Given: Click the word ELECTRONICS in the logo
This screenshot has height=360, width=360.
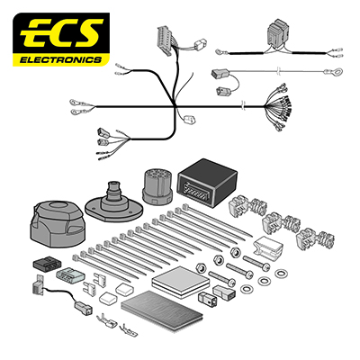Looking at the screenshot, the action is (60, 59).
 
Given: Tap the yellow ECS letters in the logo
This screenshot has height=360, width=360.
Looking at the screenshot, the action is (62, 34).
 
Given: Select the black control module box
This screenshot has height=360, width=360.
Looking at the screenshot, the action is (208, 183).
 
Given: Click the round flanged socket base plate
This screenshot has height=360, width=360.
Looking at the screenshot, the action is (112, 203).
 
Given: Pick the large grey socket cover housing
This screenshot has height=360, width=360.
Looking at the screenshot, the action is (58, 224).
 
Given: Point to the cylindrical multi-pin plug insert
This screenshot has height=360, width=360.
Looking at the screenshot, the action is (157, 186).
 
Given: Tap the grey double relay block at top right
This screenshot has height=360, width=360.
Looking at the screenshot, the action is (279, 32).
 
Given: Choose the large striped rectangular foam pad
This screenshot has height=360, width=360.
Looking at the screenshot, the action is (162, 310).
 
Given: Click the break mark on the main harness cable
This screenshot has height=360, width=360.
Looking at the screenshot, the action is (244, 106).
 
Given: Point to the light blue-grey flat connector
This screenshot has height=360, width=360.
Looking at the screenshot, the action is (70, 275).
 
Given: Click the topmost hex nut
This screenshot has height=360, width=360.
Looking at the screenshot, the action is (236, 252).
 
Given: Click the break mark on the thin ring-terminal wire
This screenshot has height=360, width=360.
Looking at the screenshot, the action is (279, 71).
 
